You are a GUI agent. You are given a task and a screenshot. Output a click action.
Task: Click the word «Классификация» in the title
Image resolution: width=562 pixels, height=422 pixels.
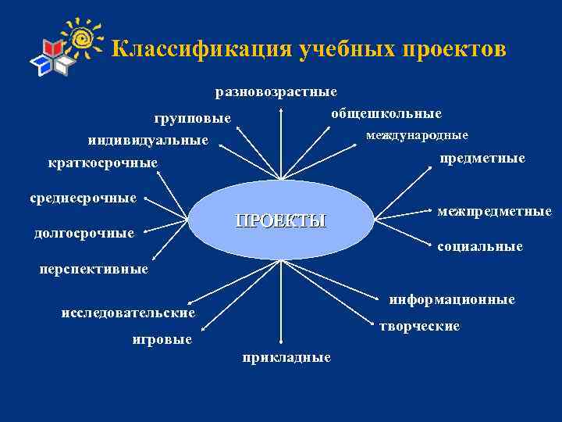point(200,49)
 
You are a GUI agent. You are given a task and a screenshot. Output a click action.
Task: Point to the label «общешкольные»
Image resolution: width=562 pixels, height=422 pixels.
point(386,113)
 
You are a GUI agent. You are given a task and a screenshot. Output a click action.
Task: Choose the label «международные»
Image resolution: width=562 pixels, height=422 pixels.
point(418,135)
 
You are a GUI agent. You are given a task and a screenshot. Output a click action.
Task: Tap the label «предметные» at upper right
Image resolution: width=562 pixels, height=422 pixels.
point(482,159)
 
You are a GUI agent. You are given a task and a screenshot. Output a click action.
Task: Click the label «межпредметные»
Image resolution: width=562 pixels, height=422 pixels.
point(494,211)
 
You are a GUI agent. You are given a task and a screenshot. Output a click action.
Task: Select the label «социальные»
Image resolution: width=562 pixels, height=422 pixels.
point(480,246)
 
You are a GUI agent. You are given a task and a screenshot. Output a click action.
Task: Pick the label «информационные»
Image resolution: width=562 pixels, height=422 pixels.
point(452,299)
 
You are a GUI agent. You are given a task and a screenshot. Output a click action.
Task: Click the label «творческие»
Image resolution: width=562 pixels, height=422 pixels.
point(420,326)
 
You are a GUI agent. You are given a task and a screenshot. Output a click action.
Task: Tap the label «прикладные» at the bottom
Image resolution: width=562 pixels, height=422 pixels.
point(286,357)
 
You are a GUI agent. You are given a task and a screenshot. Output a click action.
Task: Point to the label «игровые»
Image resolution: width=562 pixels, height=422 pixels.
point(162,340)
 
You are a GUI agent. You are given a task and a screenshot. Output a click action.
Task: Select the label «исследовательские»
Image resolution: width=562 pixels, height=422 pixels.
point(128,313)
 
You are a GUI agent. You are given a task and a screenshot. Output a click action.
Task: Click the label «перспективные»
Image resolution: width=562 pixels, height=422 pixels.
point(94,269)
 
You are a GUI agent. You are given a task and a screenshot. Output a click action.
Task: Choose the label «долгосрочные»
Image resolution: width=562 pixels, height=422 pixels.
point(84,233)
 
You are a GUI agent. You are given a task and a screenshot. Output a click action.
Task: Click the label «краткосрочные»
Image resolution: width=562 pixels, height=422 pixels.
point(102,163)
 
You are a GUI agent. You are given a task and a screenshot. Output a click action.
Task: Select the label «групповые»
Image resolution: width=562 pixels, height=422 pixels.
point(192,119)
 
